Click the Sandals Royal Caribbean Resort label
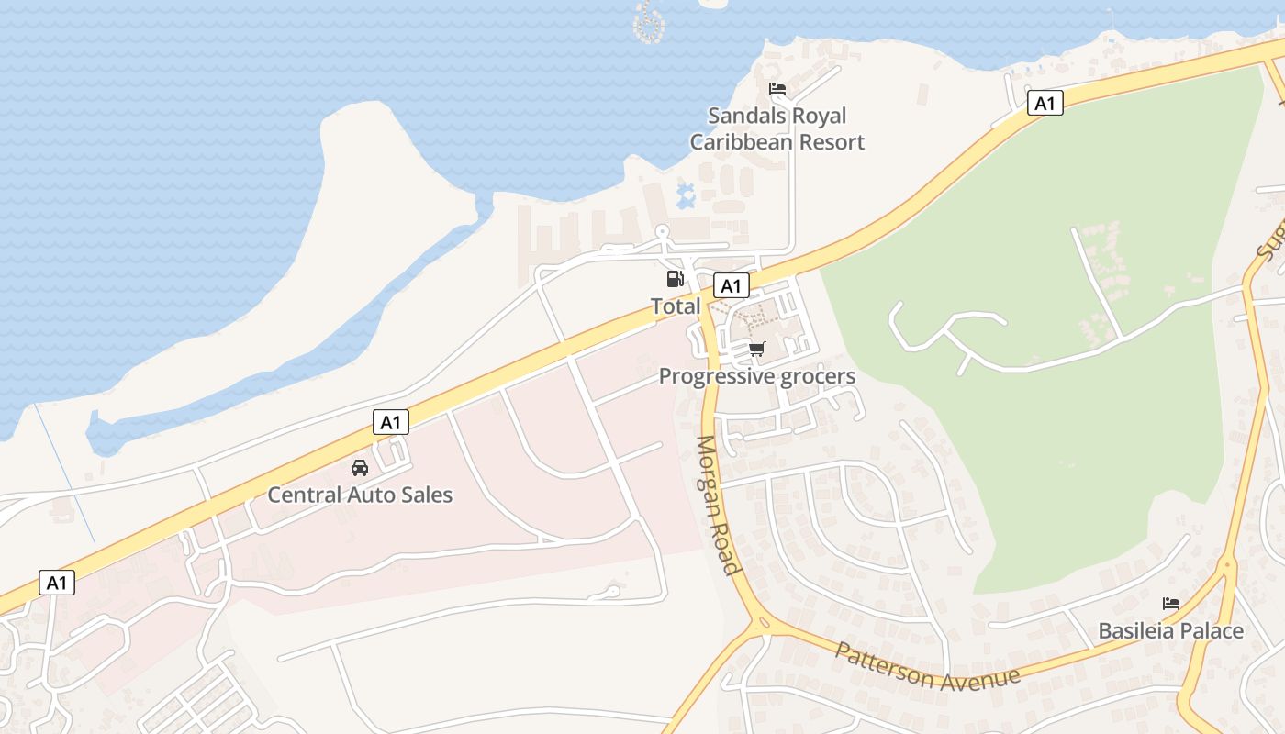click(777, 129)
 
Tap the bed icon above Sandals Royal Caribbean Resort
click(777, 90)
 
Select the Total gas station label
click(676, 306)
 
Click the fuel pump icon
click(675, 279)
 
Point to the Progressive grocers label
click(756, 376)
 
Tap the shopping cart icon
click(756, 349)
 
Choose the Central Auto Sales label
click(360, 495)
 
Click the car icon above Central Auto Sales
click(360, 468)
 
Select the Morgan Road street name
click(717, 505)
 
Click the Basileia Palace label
click(1170, 631)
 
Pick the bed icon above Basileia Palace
click(1170, 604)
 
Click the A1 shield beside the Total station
click(731, 286)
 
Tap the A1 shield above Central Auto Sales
click(391, 422)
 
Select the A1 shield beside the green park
click(1045, 103)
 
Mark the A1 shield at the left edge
click(57, 583)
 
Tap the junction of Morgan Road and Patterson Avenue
click(762, 625)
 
